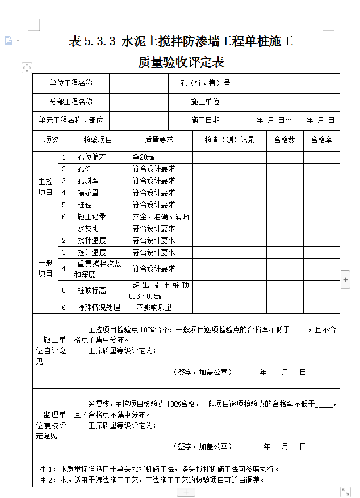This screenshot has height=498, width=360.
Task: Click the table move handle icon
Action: pyautogui.click(x=27, y=68)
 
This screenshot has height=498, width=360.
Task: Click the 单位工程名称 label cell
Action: pyautogui.click(x=71, y=83)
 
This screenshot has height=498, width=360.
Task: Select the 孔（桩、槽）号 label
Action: pyautogui.click(x=205, y=83)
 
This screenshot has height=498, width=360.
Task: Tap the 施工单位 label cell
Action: pyautogui.click(x=205, y=102)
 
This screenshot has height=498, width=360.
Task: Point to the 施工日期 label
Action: pyautogui.click(x=205, y=120)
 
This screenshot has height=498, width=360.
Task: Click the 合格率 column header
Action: pyautogui.click(x=321, y=140)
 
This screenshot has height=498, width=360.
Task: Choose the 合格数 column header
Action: pyautogui.click(x=284, y=140)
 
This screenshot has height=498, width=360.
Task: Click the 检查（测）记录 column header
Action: pyautogui.click(x=229, y=140)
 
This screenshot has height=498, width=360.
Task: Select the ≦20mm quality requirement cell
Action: pyautogui.click(x=144, y=157)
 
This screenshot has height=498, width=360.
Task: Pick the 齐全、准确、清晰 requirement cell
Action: pyautogui.click(x=161, y=217)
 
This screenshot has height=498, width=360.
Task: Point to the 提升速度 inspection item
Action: pyautogui.click(x=92, y=252)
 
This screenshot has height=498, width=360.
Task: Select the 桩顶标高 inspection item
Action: pyautogui.click(x=92, y=290)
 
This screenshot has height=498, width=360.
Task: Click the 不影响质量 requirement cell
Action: pyautogui.click(x=154, y=308)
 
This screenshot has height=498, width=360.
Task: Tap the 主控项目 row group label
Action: pyautogui.click(x=45, y=187)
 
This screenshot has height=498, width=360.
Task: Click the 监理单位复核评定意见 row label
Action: pyautogui.click(x=51, y=425)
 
